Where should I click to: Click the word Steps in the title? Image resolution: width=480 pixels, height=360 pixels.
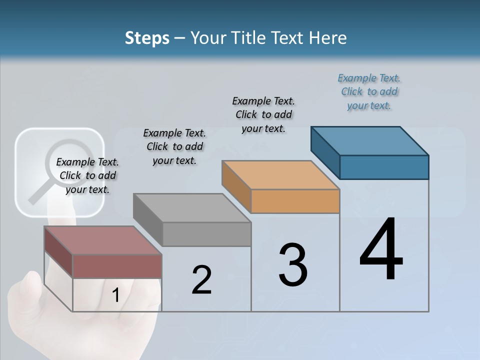pos(147,38)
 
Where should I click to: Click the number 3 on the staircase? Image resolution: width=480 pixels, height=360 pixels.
pos(293,264)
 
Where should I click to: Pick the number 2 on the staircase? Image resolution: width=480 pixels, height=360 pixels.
pos(201,279)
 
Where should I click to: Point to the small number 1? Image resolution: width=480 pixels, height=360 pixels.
pos(115,295)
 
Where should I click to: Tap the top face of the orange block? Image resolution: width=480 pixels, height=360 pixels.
pos(280,175)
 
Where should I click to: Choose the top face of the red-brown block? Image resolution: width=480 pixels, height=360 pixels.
pos(102,240)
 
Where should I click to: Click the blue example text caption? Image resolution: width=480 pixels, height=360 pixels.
pos(369,92)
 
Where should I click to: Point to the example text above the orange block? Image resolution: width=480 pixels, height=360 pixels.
pos(263,114)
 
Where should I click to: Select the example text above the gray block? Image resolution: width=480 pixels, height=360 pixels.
pos(174,146)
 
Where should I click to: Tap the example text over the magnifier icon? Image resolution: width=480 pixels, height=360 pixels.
pos(87,175)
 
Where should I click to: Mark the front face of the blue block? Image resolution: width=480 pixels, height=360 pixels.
pos(384,167)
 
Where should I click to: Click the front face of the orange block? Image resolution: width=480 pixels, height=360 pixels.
pos(295,201)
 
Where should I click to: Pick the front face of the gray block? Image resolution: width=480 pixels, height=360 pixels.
pos(206,234)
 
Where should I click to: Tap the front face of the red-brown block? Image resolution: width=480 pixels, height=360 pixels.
pos(117,266)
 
